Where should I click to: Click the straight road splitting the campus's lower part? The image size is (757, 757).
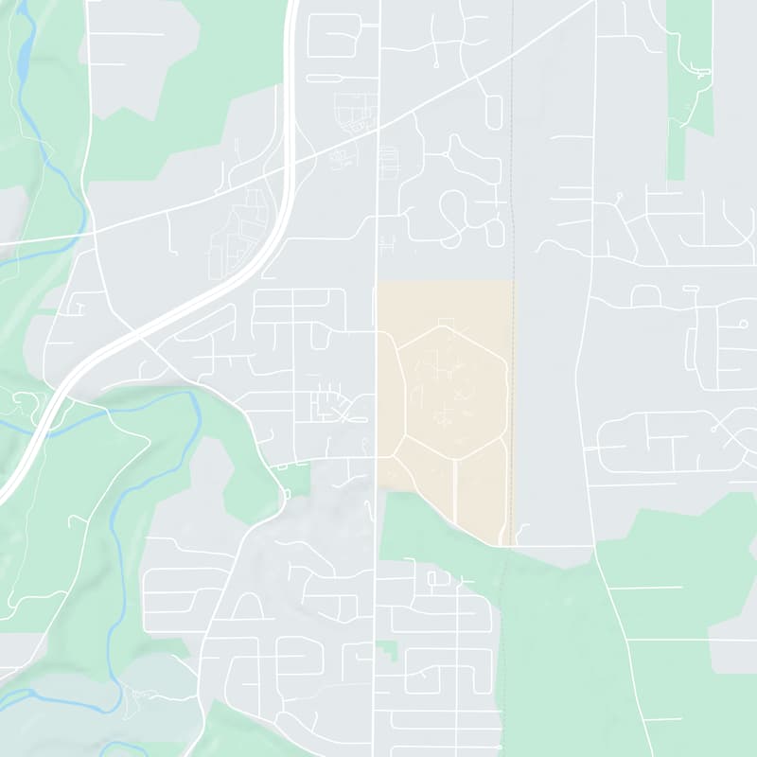(x=455, y=492)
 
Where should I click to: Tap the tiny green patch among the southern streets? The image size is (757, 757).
(x=387, y=651)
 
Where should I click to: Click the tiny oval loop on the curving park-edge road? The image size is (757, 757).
(x=287, y=494)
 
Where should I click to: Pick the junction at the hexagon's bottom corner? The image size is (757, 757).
(x=455, y=459)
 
